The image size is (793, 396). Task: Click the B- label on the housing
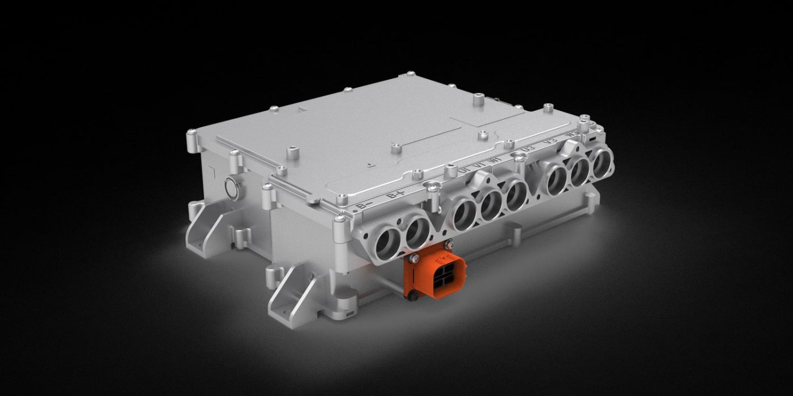[365, 205]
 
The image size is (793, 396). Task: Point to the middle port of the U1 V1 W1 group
[491, 204]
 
